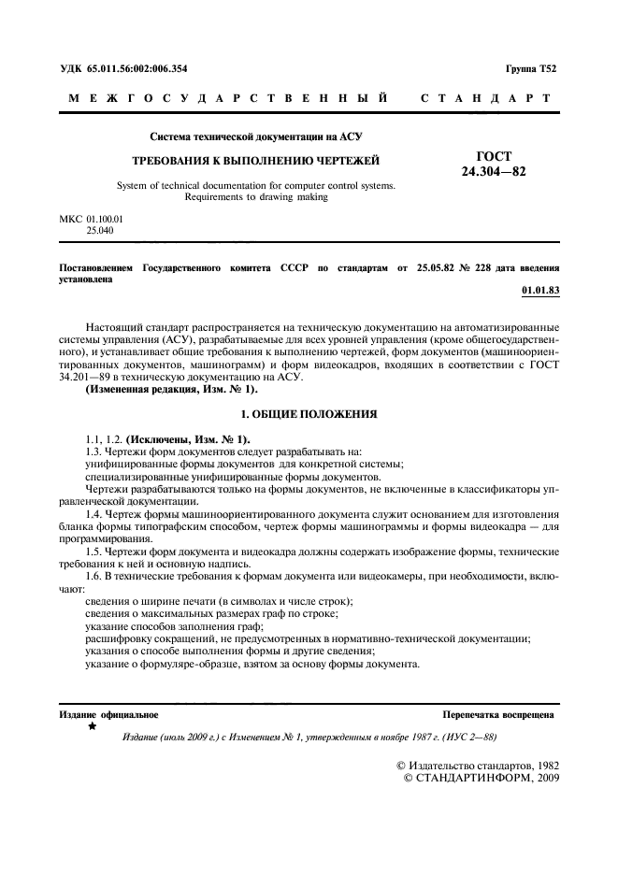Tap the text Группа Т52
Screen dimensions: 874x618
coord(530,70)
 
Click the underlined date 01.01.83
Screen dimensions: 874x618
coord(539,291)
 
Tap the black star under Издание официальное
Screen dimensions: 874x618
coord(92,725)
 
